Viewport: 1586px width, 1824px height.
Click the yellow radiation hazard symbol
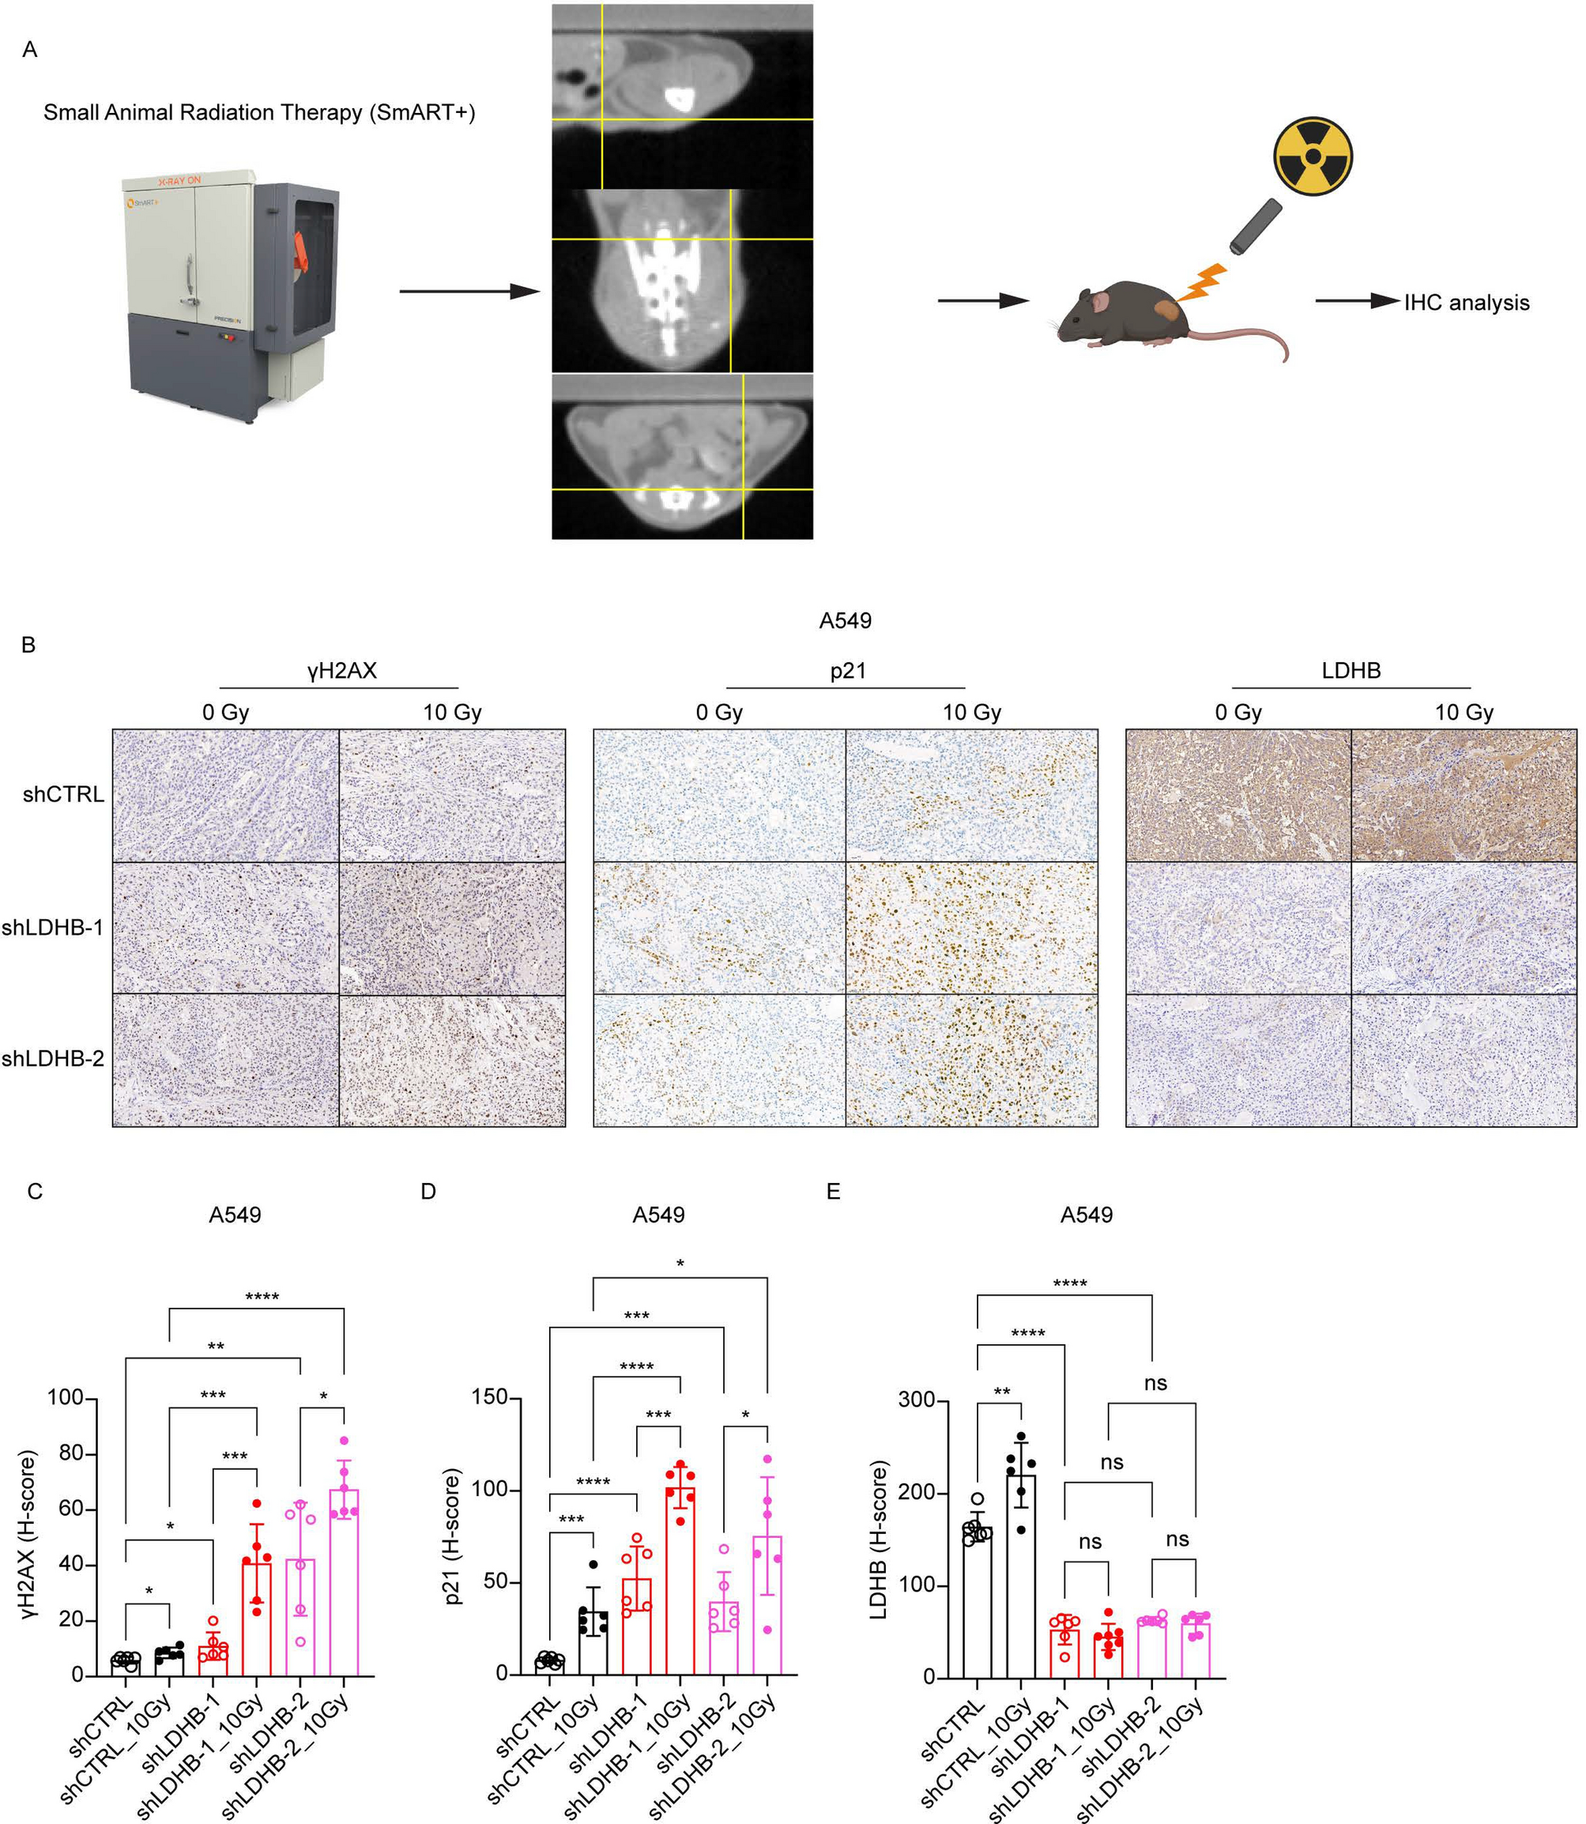coord(1313,156)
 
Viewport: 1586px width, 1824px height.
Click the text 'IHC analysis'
coord(1466,303)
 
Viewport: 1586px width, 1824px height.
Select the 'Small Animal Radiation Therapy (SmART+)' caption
coord(259,112)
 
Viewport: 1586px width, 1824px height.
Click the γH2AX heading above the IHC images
coord(341,671)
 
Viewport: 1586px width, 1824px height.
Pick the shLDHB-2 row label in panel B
coord(53,1058)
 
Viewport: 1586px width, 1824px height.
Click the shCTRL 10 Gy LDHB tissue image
coord(1464,795)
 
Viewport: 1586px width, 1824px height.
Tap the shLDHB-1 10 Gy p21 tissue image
coord(971,928)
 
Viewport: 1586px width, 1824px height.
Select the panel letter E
coord(833,1191)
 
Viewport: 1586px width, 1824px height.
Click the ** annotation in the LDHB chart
coord(1001,1392)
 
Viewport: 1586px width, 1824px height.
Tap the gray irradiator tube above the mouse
coord(1255,226)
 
